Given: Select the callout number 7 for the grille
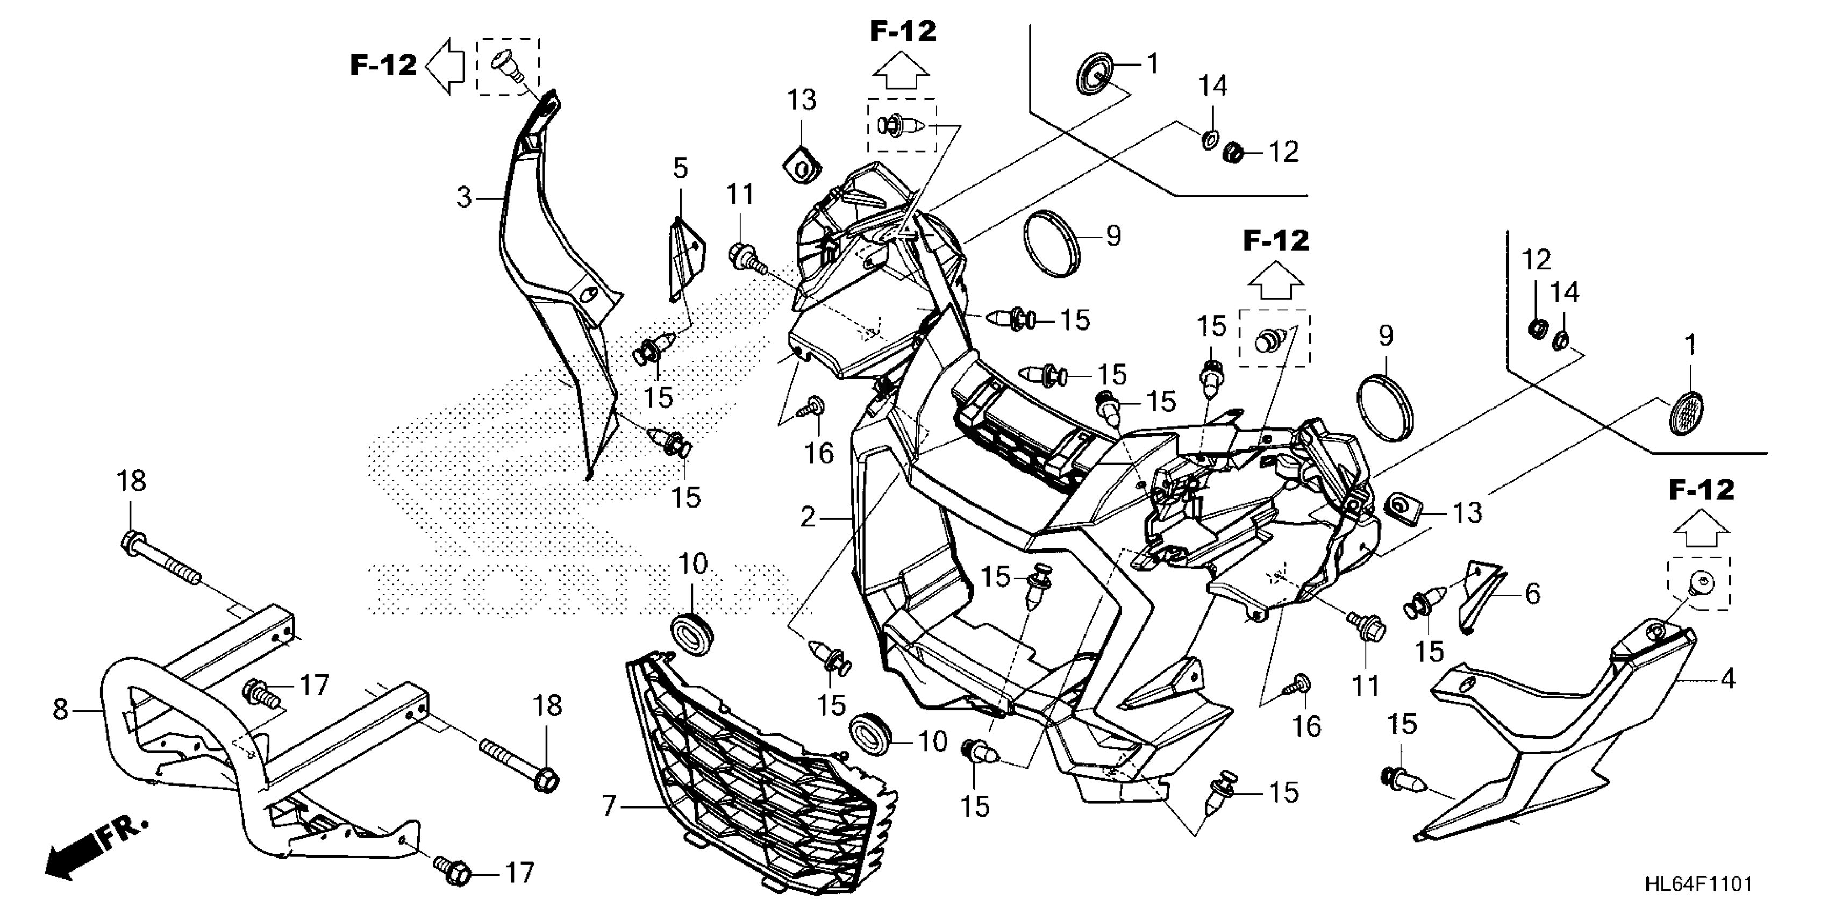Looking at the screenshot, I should [609, 806].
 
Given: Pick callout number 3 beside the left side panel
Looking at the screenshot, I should [463, 197].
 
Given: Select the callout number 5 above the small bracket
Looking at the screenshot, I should [680, 169].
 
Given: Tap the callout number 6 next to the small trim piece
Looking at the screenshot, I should [1533, 593].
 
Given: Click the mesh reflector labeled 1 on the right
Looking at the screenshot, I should [1684, 413].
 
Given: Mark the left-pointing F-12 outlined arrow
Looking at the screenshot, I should [445, 67].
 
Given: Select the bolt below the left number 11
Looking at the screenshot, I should [743, 255].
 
